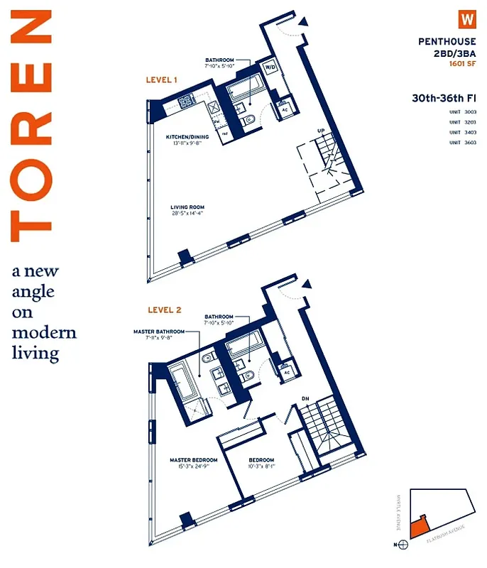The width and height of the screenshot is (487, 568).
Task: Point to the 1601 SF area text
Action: pyautogui.click(x=462, y=64)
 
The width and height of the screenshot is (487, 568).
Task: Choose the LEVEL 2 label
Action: pyautogui.click(x=165, y=310)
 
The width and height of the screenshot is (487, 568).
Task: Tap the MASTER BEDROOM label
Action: pyautogui.click(x=193, y=460)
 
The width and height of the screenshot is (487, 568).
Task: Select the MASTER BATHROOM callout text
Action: pyautogui.click(x=159, y=331)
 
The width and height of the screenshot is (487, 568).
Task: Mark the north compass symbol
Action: pyautogui.click(x=404, y=545)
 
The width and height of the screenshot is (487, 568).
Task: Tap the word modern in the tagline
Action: pyautogui.click(x=44, y=333)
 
